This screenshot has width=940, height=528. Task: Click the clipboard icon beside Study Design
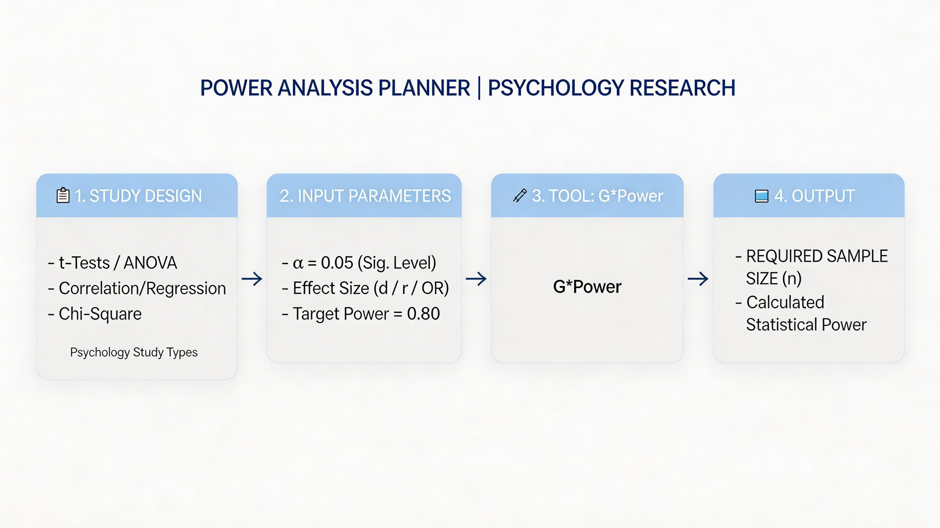[x=63, y=195]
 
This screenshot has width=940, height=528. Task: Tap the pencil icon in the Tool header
[x=520, y=196]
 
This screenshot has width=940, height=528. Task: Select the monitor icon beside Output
[x=761, y=196]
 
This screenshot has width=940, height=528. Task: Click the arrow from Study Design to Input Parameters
[x=252, y=279]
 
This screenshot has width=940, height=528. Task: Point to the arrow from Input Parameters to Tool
[x=476, y=279]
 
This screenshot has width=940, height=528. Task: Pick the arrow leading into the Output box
[x=698, y=279]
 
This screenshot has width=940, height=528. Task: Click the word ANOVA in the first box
[x=151, y=263]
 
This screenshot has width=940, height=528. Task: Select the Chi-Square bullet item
[x=95, y=314]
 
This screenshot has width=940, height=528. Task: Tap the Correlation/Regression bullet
[x=137, y=288]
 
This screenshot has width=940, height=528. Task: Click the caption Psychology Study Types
[x=134, y=352]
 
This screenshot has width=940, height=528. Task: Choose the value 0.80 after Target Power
[x=423, y=314]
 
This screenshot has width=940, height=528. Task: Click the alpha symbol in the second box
[x=298, y=263]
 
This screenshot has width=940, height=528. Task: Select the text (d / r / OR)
[x=411, y=288]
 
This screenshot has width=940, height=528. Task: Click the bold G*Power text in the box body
[x=587, y=287]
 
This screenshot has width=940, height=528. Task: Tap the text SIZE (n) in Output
[x=774, y=279]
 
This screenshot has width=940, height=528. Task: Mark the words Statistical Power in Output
[x=806, y=325]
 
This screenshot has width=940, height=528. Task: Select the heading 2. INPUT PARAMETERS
[x=365, y=196]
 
